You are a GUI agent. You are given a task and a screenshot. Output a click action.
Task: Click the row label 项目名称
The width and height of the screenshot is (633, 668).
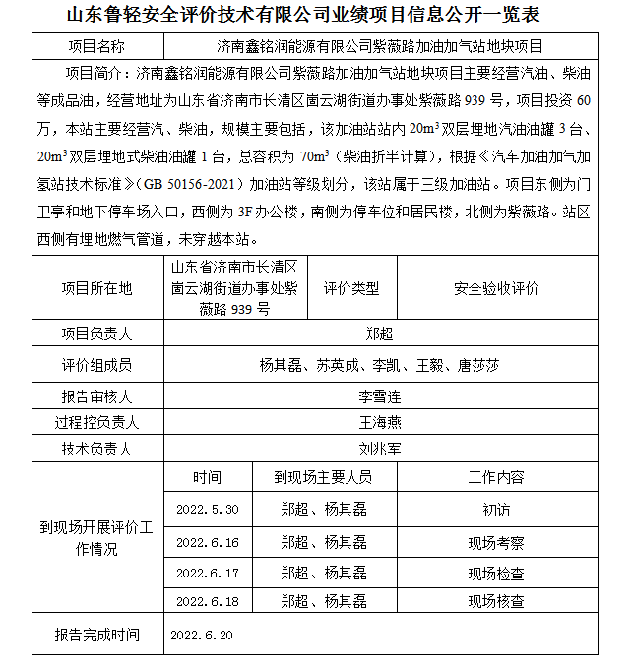[95, 46]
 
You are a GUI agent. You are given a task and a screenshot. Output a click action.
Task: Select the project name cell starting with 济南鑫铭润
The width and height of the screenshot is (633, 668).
[379, 46]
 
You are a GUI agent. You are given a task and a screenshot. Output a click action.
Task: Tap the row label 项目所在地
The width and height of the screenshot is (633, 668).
[95, 288]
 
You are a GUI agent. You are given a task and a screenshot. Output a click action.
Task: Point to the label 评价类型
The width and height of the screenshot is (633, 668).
[351, 288]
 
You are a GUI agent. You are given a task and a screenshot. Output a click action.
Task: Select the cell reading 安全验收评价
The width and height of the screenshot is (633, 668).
[496, 288]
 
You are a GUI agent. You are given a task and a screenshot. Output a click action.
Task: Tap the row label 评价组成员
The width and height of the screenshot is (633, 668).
[95, 365]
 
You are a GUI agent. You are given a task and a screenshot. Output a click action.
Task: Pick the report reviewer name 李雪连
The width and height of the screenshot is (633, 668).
[379, 397]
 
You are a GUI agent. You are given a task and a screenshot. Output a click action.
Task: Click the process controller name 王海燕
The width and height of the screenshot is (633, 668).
[379, 423]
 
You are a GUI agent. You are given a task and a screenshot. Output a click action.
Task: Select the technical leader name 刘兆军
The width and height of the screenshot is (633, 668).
[379, 449]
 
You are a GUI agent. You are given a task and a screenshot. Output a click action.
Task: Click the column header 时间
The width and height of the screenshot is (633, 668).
[207, 477]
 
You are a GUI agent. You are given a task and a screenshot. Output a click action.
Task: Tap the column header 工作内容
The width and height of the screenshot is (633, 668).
[496, 477]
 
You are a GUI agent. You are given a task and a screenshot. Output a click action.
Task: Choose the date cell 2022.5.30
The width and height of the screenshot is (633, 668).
[207, 510]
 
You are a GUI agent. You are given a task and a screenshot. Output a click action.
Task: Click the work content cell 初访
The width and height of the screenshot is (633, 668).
[496, 511]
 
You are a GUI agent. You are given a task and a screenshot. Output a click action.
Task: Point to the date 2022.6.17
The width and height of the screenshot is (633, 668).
[207, 573]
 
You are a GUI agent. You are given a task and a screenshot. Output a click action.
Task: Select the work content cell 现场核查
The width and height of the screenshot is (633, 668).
[496, 601]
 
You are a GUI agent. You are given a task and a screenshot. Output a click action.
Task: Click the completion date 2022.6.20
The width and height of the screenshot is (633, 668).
[204, 636]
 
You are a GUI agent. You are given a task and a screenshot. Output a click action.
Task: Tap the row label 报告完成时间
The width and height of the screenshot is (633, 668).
[96, 636]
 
